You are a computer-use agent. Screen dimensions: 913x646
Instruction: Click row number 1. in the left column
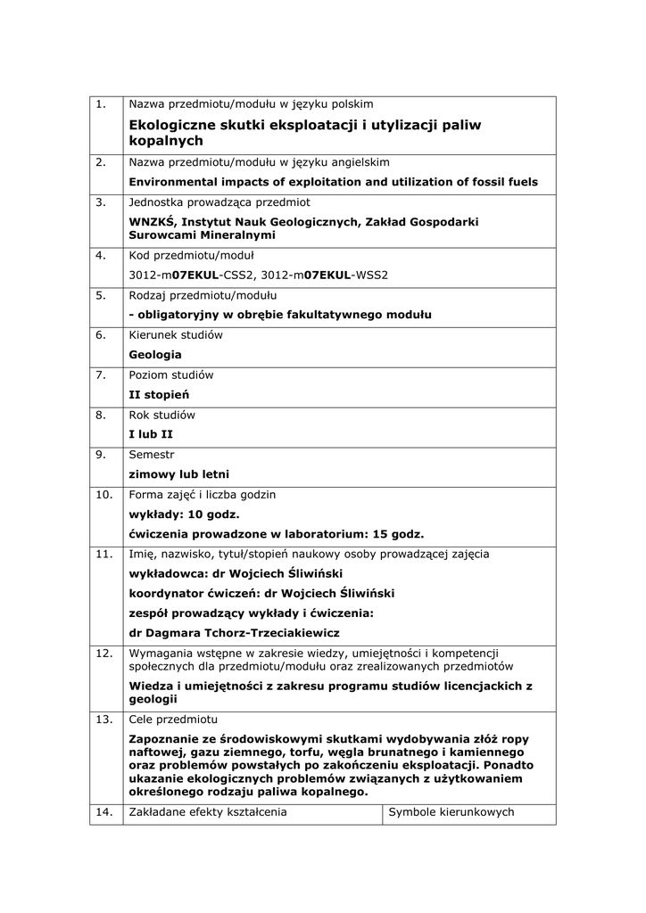click(x=101, y=104)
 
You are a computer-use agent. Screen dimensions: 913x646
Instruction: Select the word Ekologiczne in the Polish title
click(x=173, y=125)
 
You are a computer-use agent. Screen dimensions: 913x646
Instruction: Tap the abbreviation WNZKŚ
click(x=152, y=222)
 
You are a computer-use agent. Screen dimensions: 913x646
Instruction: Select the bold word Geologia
click(x=154, y=355)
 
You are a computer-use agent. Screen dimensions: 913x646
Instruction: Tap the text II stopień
click(x=159, y=394)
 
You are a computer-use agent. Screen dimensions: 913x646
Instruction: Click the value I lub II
click(x=151, y=434)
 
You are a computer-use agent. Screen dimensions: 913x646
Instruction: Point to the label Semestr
click(x=152, y=455)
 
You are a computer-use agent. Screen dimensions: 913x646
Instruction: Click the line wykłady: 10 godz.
click(x=184, y=514)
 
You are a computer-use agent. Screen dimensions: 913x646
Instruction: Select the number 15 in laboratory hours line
click(x=368, y=534)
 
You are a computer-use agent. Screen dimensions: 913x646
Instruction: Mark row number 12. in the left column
click(x=104, y=654)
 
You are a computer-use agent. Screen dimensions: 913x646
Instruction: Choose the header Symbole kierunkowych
click(x=451, y=812)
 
